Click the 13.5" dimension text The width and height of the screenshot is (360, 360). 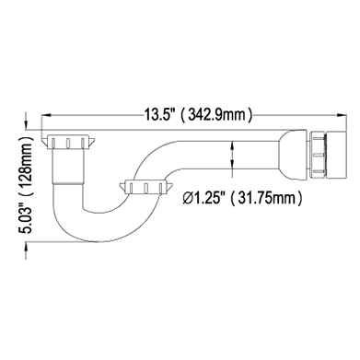[159, 115]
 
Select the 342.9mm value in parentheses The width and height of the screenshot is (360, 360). [217, 115]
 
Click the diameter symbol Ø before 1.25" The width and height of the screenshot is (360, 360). [188, 198]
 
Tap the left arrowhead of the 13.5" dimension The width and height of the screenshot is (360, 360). [46, 115]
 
